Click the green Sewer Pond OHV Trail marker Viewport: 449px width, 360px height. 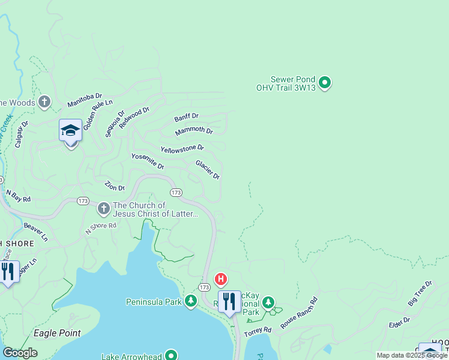(x=325, y=83)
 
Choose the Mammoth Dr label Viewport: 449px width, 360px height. (x=194, y=131)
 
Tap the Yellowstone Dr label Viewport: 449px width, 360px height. (x=182, y=148)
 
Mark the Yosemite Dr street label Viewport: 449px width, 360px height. (x=148, y=161)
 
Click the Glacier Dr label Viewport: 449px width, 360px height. (x=208, y=169)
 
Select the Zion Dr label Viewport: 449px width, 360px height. (x=114, y=187)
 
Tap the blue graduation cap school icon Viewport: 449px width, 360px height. (x=70, y=130)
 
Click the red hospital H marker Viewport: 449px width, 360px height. (x=221, y=279)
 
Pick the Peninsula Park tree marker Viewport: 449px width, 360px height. (x=191, y=301)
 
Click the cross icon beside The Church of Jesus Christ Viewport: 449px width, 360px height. (x=103, y=209)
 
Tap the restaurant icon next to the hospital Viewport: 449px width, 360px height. (x=229, y=301)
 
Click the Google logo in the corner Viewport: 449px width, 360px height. (x=20, y=353)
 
